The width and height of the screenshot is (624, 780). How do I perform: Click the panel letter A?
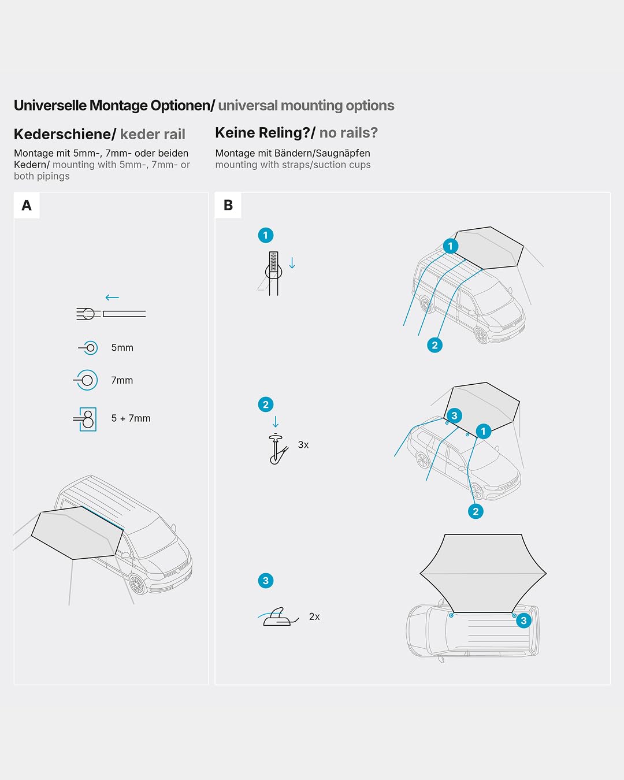point(27,205)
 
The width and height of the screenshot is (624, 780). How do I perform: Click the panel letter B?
point(228,205)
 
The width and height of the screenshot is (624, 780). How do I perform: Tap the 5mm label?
point(122,348)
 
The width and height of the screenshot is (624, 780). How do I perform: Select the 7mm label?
point(122,380)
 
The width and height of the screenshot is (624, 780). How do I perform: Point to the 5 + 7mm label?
point(131,418)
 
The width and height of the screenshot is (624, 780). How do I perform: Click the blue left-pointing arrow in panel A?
point(112,298)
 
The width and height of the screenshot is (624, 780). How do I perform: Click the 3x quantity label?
point(303,445)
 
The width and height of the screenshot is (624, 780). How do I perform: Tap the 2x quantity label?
point(314,616)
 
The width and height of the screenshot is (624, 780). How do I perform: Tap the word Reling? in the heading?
point(287,133)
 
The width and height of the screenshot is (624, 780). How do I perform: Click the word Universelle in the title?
point(50,106)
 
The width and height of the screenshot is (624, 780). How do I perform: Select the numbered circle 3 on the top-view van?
point(523,621)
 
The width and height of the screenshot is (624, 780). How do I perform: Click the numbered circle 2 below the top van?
point(434,345)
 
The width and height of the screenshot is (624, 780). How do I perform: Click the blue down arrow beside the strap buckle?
point(292,263)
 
